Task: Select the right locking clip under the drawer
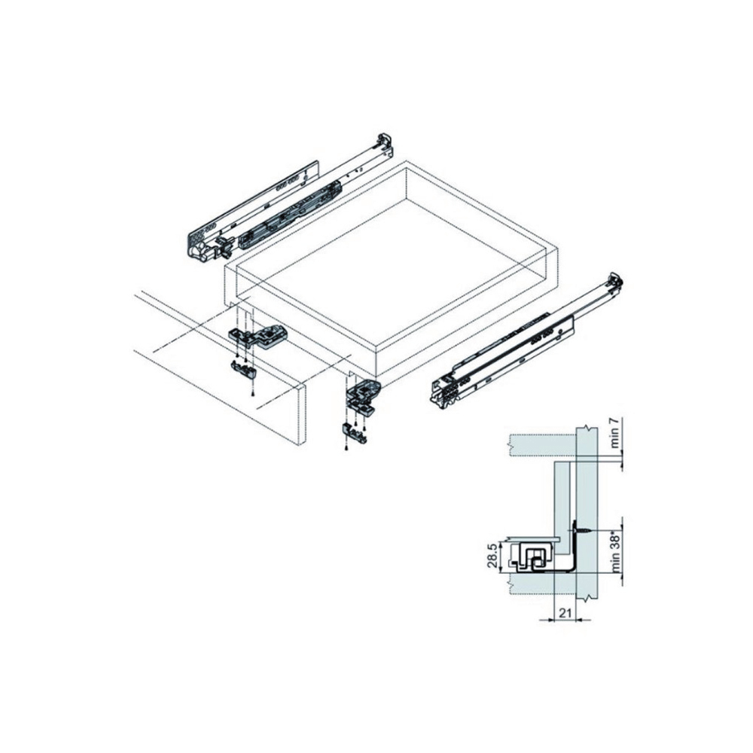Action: [x=364, y=392]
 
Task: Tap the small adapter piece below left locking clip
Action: [x=242, y=369]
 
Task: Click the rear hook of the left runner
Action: [x=384, y=142]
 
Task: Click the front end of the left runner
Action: [x=200, y=245]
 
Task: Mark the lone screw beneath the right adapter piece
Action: [x=346, y=450]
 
